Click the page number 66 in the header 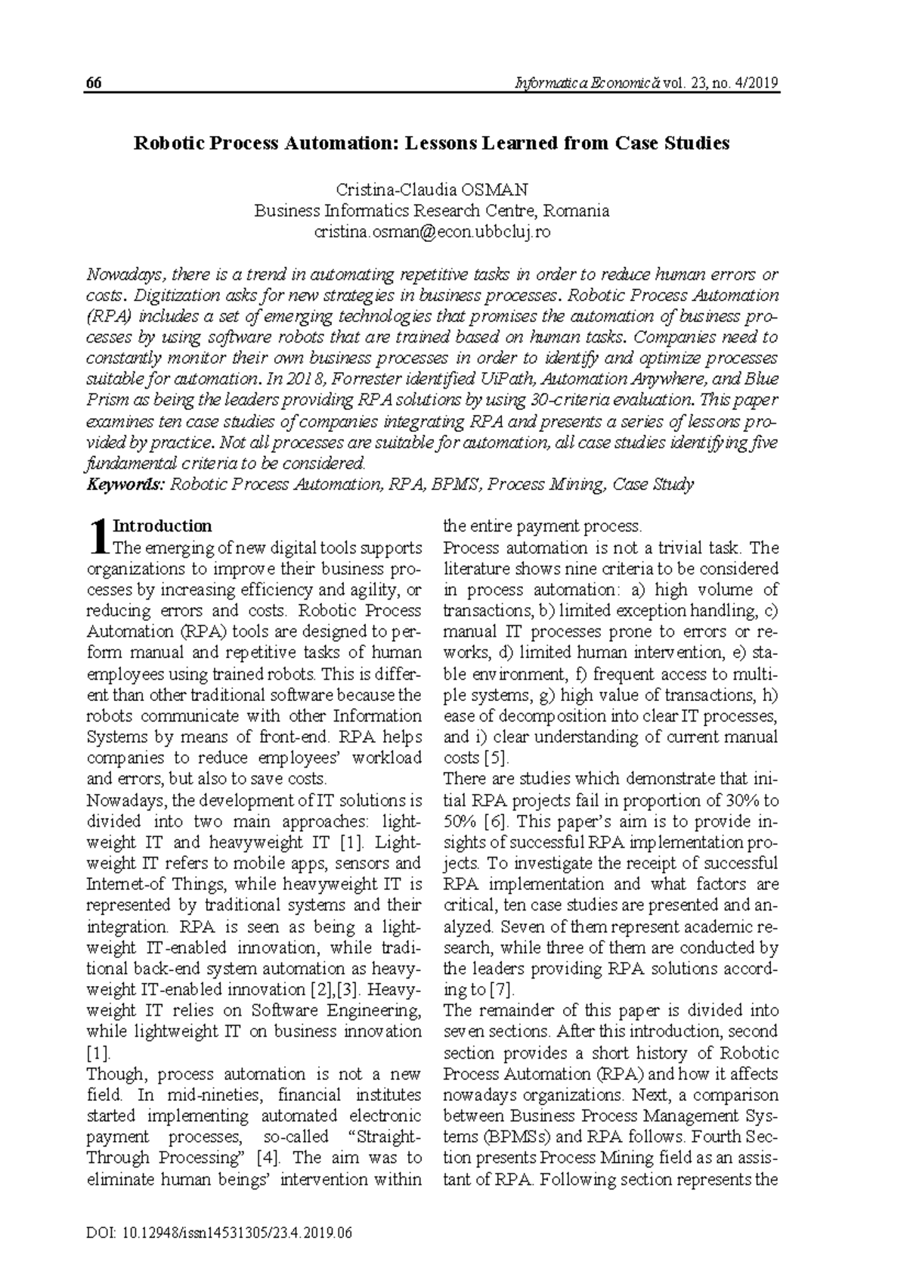coord(94,83)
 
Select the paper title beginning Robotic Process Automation coord(432,143)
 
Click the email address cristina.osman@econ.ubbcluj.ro coord(432,232)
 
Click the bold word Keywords coord(125,485)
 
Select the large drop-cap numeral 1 coord(97,537)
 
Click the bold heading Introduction coord(162,526)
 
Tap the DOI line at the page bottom coord(220,1233)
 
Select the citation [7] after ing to coord(501,989)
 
